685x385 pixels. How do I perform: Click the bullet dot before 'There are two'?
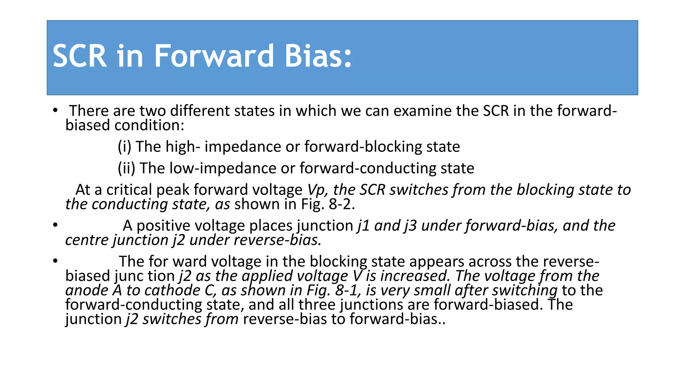55,110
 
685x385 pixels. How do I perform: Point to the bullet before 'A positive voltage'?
55,225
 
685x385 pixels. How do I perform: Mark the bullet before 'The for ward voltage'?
55,261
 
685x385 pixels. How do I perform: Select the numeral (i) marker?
124,147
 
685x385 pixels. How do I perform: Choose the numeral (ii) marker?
126,168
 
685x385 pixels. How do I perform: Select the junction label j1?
363,226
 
